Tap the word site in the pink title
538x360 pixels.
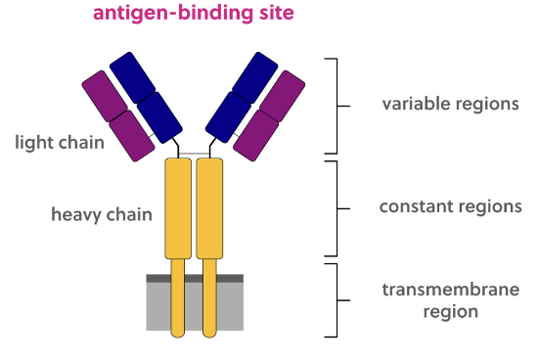[x=260, y=14]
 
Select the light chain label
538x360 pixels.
[x=60, y=143]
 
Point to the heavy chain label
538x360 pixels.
[x=102, y=213]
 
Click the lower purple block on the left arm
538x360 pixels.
[x=131, y=135]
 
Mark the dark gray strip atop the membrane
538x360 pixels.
[x=195, y=278]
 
